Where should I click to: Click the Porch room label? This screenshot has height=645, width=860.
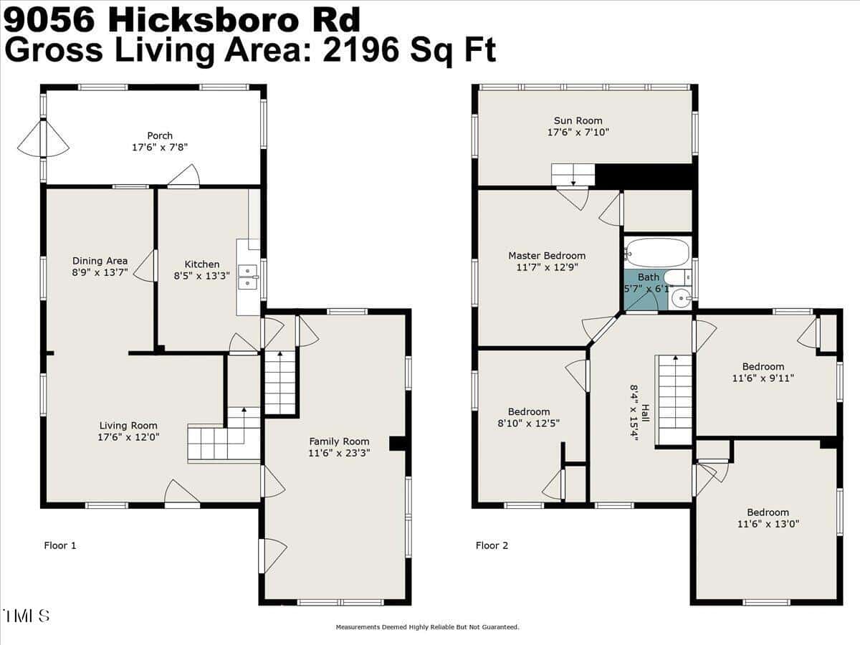tap(160, 135)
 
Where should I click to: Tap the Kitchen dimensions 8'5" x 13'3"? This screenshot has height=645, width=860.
tap(202, 276)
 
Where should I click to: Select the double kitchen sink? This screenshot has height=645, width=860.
tap(248, 277)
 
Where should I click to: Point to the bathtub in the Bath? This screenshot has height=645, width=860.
tap(657, 253)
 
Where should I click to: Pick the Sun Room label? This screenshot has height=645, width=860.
tap(578, 120)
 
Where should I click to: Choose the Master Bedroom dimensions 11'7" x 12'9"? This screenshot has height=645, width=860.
tap(547, 267)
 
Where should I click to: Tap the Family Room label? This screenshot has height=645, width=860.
tap(339, 441)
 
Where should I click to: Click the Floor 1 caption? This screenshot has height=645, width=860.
tap(60, 545)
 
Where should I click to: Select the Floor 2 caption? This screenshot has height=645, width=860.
tap(492, 545)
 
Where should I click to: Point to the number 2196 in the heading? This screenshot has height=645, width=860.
tap(360, 49)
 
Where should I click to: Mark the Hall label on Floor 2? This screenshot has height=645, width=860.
tap(645, 414)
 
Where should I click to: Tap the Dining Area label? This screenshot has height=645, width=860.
tap(100, 261)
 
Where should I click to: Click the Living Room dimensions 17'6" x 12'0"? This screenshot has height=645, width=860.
tap(128, 437)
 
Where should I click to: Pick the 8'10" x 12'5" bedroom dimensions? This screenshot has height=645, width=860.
tap(528, 424)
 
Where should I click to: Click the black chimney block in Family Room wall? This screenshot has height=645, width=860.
tap(397, 444)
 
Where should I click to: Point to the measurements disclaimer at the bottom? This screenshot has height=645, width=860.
tap(427, 627)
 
